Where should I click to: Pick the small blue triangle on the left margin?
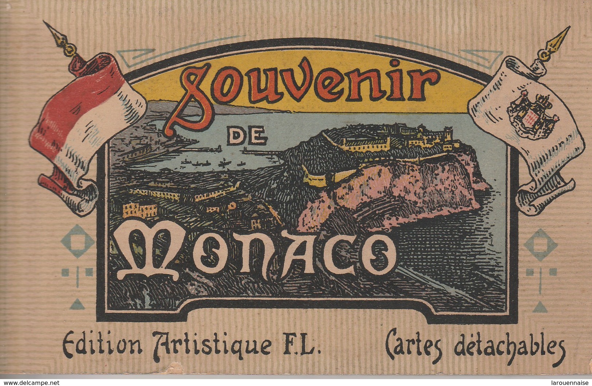(77, 302)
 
